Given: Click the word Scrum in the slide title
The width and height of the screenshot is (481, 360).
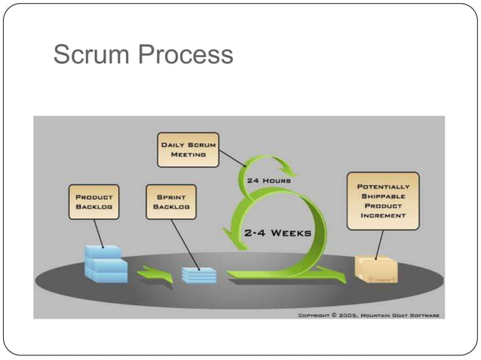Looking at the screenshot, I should (88, 54).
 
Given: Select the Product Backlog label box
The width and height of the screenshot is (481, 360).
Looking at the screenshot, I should (94, 201).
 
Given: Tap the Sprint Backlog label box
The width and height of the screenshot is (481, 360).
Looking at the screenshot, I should (170, 201).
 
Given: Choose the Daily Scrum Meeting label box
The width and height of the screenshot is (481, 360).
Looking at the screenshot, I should (188, 148).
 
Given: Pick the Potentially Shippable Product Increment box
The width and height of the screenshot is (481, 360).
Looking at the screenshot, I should (383, 200).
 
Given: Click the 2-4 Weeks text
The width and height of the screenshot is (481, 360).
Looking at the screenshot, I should (277, 233).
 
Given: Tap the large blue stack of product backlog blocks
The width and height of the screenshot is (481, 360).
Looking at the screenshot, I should (106, 264).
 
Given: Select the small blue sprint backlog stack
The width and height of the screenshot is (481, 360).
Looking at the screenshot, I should (199, 275).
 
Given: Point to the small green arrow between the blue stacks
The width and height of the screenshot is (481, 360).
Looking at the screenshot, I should (155, 276).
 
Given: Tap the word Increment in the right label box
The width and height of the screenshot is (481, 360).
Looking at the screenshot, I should (383, 215).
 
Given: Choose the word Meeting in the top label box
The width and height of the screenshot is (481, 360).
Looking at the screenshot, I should (188, 154).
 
